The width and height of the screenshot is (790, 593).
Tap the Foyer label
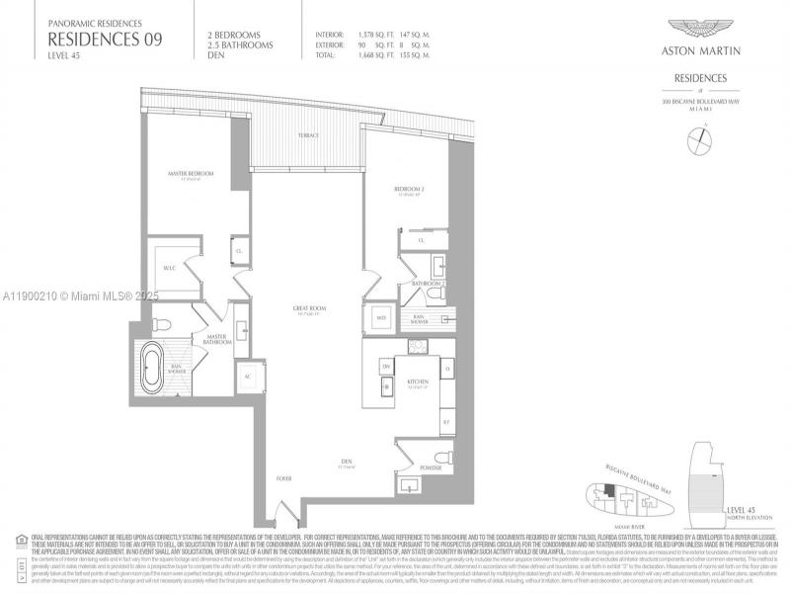pyautogui.click(x=283, y=477)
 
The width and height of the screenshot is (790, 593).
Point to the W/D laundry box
pyautogui.click(x=381, y=318)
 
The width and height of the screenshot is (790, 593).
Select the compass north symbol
pyautogui.click(x=699, y=141)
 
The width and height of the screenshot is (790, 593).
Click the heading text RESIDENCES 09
pyautogui.click(x=105, y=39)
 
